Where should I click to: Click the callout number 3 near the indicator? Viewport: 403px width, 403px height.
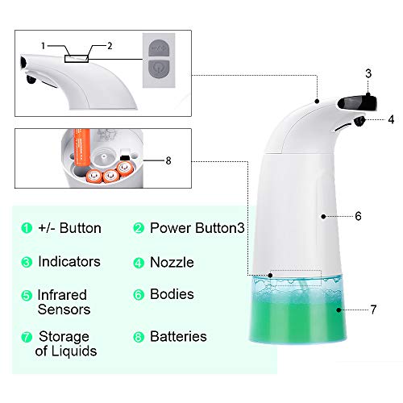[368, 74]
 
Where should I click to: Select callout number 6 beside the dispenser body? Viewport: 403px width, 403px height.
[359, 216]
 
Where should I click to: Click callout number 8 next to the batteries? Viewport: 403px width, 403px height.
[168, 160]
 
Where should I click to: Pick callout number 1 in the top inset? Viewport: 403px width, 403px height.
[44, 45]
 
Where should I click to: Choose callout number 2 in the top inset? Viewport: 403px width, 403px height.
[110, 45]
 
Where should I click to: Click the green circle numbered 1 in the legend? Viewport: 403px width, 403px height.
[27, 228]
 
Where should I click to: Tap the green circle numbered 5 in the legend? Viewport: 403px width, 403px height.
[27, 294]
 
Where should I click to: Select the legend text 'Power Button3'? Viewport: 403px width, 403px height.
[197, 228]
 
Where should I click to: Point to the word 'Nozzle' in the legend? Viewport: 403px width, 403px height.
[172, 262]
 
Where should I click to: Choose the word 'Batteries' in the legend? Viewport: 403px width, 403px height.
[178, 336]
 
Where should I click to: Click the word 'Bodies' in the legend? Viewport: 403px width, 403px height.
[172, 294]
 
